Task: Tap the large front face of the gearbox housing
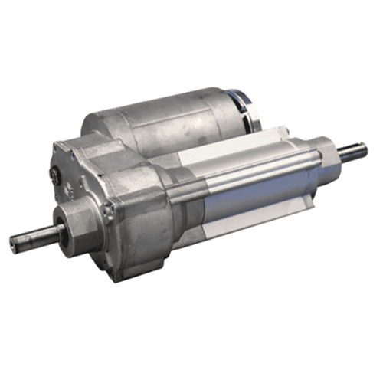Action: pos(138,230)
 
